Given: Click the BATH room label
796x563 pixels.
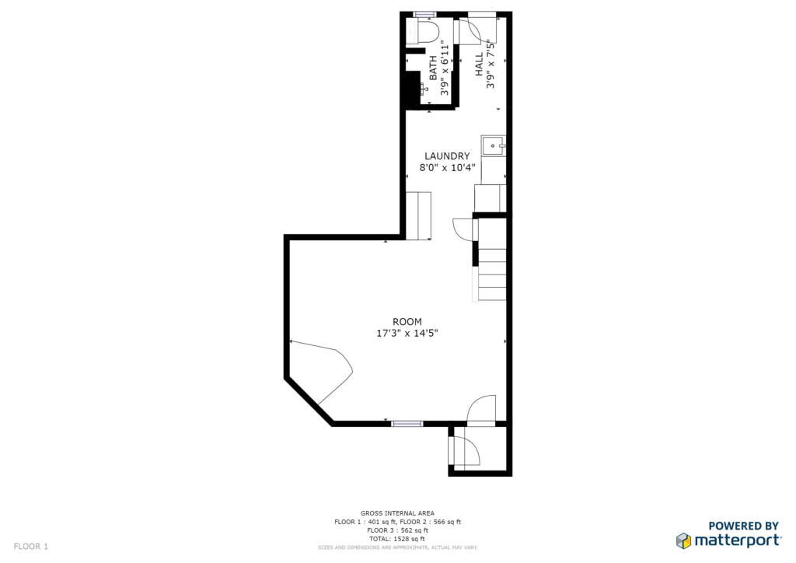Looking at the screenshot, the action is (433, 68).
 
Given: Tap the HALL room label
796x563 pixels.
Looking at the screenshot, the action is (479, 64).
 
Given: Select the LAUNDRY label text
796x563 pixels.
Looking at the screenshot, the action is (447, 156).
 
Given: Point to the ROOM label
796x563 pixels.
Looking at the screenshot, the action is (407, 321).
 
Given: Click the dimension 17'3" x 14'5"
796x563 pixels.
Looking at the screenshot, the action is (407, 333).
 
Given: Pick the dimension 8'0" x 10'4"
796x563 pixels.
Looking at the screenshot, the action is (447, 167).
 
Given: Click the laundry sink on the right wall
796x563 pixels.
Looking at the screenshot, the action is (494, 145).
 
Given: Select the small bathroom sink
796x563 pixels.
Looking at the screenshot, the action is (424, 89).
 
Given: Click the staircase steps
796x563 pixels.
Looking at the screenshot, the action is (492, 259).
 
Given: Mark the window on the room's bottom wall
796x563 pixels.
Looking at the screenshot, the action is (407, 423).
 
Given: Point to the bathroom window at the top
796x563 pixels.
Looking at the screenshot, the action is (424, 14).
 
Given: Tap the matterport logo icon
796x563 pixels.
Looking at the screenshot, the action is (683, 540).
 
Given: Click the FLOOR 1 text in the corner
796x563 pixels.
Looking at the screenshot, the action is (31, 546).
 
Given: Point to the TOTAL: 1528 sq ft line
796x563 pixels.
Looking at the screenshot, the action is (397, 539).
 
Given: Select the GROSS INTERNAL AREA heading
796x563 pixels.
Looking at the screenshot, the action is (397, 513).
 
